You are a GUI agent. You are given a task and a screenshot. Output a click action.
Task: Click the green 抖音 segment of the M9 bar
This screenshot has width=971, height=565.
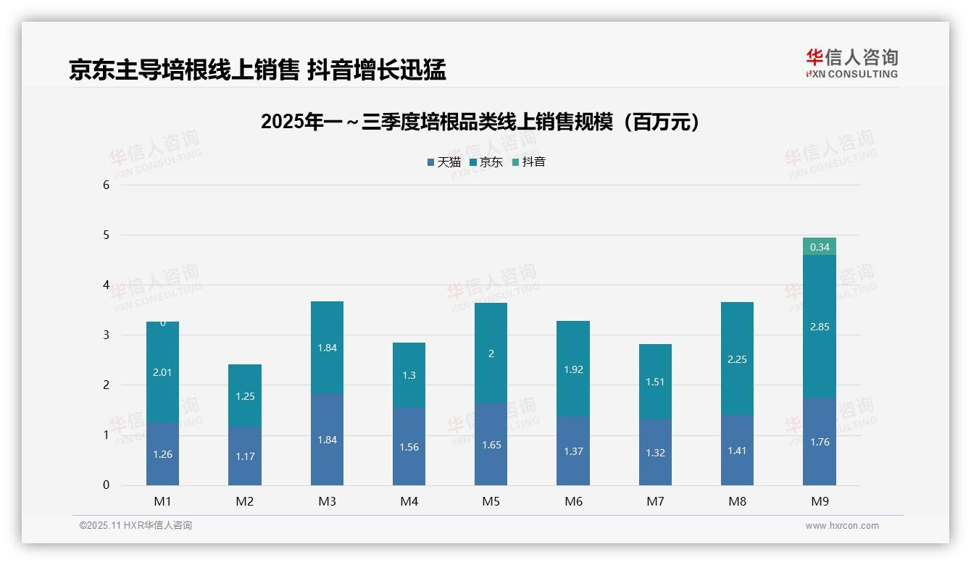tap(819, 247)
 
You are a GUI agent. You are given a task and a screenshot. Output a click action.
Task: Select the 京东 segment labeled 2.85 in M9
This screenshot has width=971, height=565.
tap(819, 327)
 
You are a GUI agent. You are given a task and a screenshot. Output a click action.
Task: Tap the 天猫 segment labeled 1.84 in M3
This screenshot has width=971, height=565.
tap(327, 440)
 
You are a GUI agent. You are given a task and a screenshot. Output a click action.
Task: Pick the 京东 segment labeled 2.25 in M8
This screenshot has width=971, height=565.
tap(737, 359)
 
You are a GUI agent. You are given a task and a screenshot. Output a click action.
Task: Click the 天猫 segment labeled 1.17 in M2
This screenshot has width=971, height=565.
tap(245, 456)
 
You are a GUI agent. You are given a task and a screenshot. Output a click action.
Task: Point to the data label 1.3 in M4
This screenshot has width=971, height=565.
tap(409, 375)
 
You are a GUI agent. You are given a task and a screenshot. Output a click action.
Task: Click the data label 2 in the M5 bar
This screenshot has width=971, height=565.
tap(491, 354)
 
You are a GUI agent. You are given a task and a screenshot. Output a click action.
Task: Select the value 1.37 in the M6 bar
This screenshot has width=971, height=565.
tap(573, 451)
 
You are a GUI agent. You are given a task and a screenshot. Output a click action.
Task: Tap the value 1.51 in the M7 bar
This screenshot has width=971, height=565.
tap(655, 382)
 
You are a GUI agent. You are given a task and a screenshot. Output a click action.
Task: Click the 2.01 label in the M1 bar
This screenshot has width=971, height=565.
tap(162, 372)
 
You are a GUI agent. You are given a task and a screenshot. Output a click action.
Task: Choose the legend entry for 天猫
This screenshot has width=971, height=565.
tap(444, 162)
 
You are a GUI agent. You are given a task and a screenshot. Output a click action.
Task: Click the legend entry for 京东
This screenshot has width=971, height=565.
tap(486, 162)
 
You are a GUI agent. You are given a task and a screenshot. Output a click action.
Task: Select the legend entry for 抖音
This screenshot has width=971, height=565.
tap(529, 162)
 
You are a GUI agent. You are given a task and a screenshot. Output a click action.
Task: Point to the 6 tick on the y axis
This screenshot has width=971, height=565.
tap(106, 185)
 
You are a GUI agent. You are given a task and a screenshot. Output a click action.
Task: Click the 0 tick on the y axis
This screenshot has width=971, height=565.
tap(106, 485)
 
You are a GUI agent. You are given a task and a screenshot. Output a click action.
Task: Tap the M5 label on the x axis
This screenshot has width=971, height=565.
tap(491, 501)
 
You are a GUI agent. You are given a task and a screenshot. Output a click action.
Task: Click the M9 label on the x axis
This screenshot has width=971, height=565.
tap(819, 501)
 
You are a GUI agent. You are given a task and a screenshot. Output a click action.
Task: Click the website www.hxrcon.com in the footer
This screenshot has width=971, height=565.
tap(842, 526)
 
